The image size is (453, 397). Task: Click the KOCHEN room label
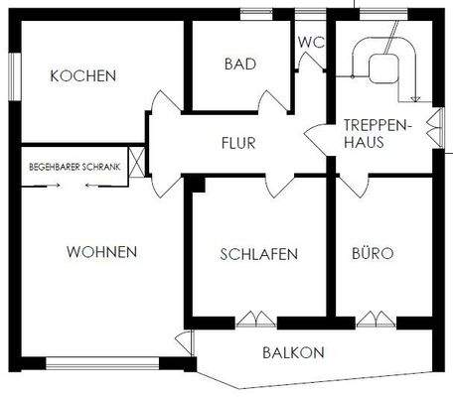click(83, 75)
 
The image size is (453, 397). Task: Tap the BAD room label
click(239, 64)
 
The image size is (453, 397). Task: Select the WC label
click(311, 43)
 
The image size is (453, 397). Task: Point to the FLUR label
click(238, 143)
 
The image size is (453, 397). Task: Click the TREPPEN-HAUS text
click(371, 134)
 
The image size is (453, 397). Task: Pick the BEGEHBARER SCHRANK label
click(75, 168)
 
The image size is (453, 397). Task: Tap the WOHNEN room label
click(101, 251)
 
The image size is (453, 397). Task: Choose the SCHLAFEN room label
click(258, 254)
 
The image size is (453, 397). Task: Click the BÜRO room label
click(373, 254)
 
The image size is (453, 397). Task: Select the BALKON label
click(293, 351)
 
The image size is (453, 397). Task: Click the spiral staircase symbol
click(382, 65)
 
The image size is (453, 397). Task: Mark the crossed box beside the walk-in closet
click(136, 161)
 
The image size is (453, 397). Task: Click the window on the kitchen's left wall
click(14, 73)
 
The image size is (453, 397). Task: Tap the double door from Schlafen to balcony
click(254, 319)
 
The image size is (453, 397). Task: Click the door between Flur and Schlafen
click(279, 185)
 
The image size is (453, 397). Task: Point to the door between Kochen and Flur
click(160, 105)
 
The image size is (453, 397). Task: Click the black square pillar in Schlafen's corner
click(198, 184)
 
